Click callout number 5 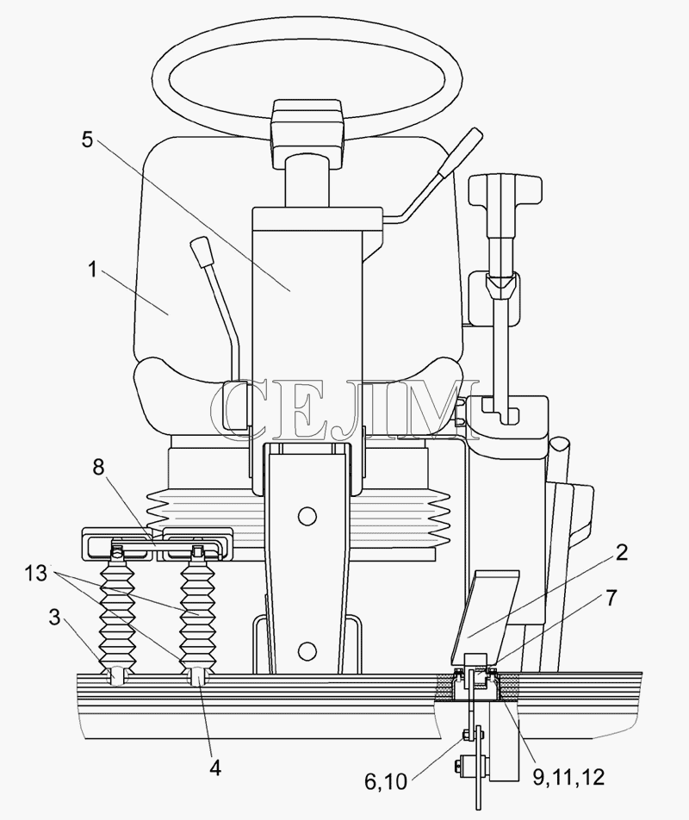(x=87, y=140)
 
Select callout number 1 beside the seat (x=92, y=270)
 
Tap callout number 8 (x=98, y=467)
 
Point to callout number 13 (x=35, y=573)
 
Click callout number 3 (x=55, y=617)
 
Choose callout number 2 (x=621, y=552)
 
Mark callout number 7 (x=611, y=597)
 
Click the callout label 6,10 (x=386, y=781)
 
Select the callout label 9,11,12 (x=568, y=777)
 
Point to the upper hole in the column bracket (x=307, y=516)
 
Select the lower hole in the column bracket (x=307, y=651)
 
